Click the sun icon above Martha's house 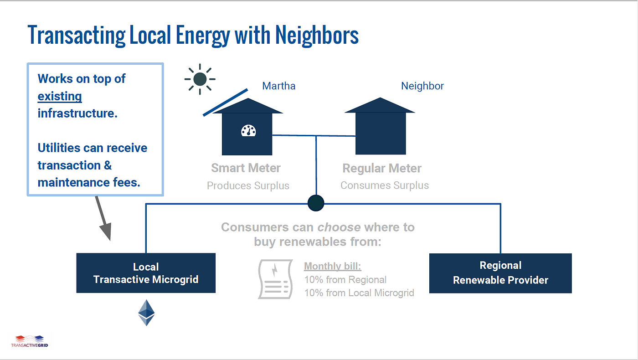click(200, 79)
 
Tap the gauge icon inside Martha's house click(248, 131)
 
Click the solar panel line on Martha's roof click(225, 103)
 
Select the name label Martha click(279, 86)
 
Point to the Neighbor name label click(422, 86)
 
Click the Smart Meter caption click(246, 168)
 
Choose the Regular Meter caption click(382, 168)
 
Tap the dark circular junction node click(316, 203)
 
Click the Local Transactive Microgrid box click(146, 273)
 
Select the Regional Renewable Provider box click(500, 273)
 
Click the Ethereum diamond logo click(146, 313)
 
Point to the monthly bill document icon click(275, 279)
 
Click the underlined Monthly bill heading click(332, 266)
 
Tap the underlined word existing click(60, 96)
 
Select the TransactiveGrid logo click(30, 341)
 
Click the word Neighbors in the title click(317, 36)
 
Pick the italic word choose click(339, 227)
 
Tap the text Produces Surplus click(248, 186)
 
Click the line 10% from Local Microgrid click(359, 293)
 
